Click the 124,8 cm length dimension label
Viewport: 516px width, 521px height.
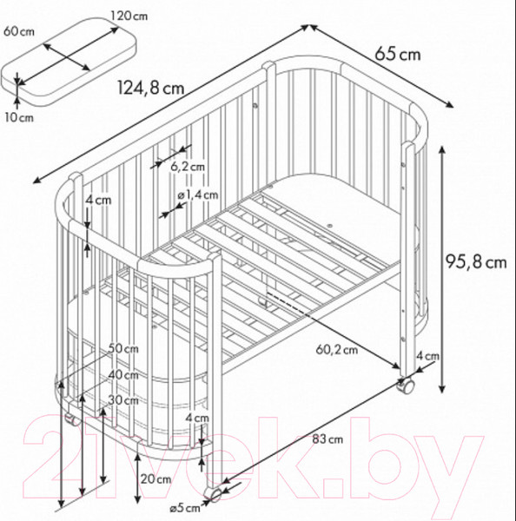click(150, 88)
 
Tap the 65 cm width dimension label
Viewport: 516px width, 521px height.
click(398, 54)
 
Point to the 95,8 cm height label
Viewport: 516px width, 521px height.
click(476, 261)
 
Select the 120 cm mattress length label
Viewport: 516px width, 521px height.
click(129, 16)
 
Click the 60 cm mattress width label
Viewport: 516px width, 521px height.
click(19, 31)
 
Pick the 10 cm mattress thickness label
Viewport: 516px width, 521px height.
click(19, 117)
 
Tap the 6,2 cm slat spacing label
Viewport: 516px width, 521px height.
click(188, 166)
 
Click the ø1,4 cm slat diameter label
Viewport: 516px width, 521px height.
click(198, 195)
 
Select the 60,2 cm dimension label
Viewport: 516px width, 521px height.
click(337, 350)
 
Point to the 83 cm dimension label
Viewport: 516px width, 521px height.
click(327, 439)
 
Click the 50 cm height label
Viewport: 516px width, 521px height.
click(123, 348)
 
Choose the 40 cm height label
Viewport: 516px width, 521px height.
click(123, 375)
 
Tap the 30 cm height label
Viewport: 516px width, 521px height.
click(123, 400)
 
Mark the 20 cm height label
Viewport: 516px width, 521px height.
click(155, 479)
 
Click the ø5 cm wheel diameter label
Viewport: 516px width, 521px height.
click(185, 508)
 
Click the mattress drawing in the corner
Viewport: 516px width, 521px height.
click(69, 62)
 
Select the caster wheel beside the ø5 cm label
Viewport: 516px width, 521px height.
click(214, 494)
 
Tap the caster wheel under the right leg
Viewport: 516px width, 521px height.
click(407, 386)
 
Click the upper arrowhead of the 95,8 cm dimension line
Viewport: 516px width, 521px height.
click(441, 150)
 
